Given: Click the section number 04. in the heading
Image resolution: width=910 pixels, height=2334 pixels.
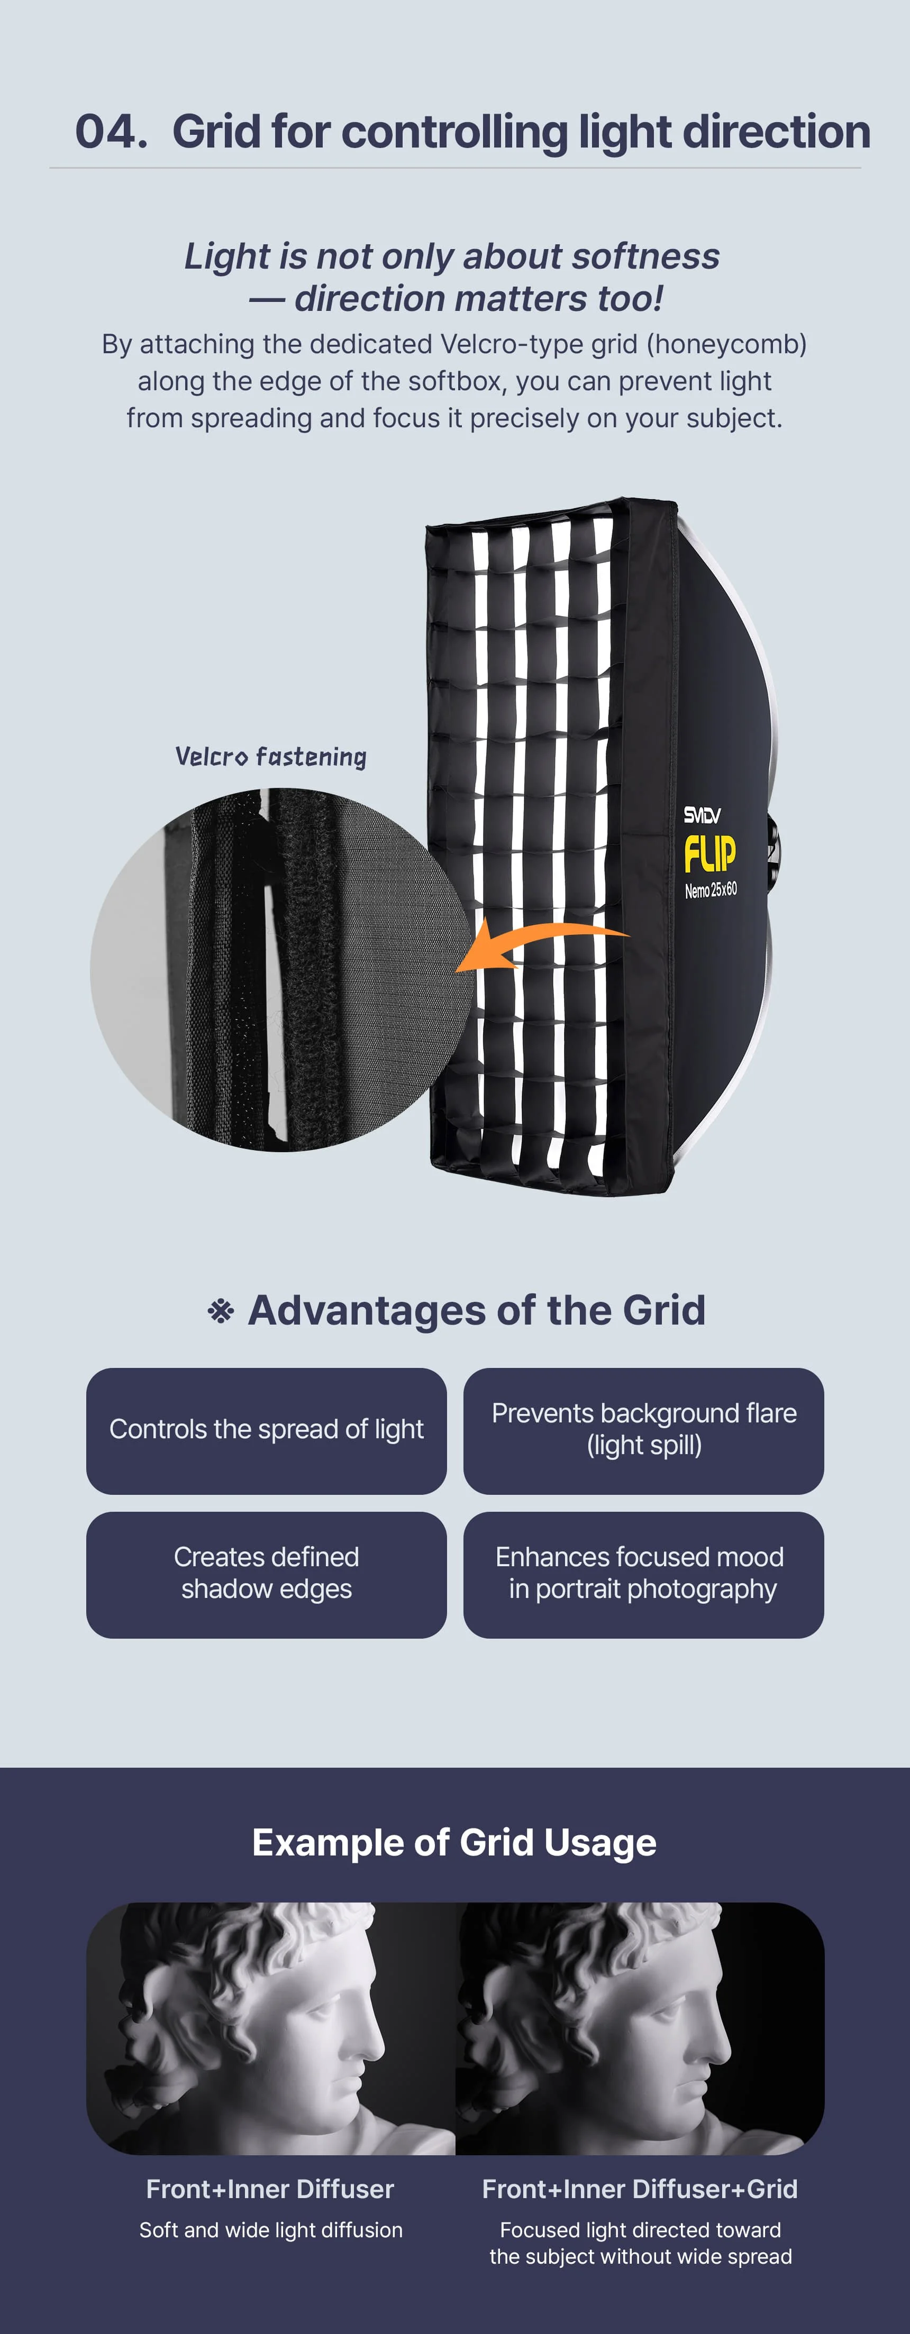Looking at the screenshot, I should (x=111, y=132).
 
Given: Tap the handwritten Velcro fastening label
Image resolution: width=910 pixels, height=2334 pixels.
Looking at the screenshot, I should (x=270, y=757).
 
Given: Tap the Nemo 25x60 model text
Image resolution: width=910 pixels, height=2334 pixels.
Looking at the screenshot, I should (x=711, y=890).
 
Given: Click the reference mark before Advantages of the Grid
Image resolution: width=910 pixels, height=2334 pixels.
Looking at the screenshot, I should (x=220, y=1311).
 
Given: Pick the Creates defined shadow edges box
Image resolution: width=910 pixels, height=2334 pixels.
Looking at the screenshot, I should (x=267, y=1574).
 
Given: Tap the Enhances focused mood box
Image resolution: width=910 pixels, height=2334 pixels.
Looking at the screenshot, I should (x=643, y=1574).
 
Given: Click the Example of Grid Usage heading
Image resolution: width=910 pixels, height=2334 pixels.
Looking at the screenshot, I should (x=454, y=1843).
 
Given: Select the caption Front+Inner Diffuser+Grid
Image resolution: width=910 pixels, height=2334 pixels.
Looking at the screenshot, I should (x=640, y=2189).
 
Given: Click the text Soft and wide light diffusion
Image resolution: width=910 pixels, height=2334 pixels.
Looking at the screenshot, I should (x=271, y=2230).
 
